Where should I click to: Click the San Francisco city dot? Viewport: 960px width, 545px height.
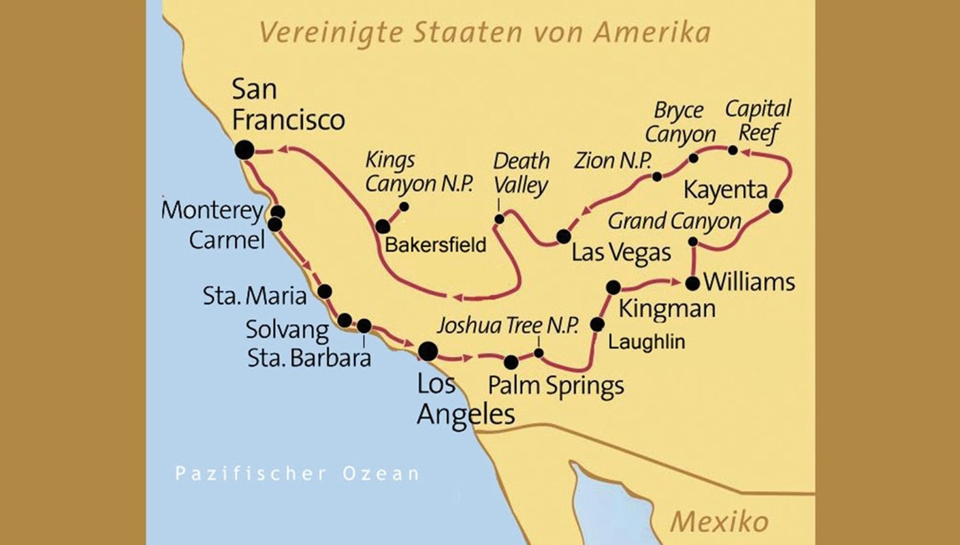[244, 150]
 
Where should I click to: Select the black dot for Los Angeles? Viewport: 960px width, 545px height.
[428, 351]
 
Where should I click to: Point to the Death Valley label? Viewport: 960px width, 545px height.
[521, 174]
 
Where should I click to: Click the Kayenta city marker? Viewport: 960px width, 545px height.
[775, 205]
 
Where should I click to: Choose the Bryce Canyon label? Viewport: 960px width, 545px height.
[680, 122]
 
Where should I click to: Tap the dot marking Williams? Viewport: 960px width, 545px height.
[692, 283]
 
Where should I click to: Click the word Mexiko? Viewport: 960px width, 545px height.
[719, 523]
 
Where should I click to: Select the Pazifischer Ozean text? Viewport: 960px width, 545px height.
[297, 473]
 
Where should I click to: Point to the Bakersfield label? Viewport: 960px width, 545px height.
[436, 245]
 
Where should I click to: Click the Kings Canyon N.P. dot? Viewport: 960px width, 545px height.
[404, 206]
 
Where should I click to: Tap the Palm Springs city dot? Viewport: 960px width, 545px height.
[511, 362]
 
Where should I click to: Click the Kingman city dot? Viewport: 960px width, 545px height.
[613, 287]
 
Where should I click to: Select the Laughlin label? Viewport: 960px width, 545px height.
[646, 342]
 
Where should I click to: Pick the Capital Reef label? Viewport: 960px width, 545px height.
[758, 120]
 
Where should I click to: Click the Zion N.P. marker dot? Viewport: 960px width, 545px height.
[657, 176]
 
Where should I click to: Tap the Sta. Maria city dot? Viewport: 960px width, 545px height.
[325, 292]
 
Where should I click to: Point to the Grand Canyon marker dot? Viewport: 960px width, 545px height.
[692, 241]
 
